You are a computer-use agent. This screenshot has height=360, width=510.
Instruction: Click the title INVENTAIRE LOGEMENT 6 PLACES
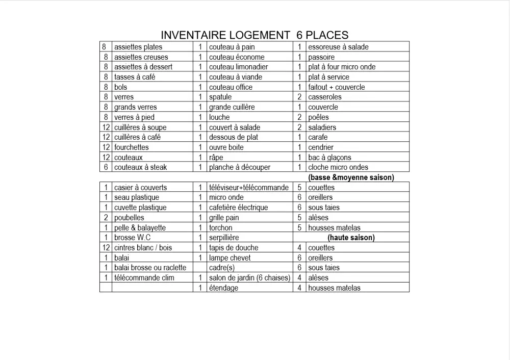[254, 35]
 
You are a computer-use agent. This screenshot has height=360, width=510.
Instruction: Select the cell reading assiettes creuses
[141, 57]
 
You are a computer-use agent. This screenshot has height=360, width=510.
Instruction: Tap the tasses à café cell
[135, 77]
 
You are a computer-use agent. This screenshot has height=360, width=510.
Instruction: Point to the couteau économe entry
[237, 57]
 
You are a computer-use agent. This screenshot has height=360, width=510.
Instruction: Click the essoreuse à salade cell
[338, 47]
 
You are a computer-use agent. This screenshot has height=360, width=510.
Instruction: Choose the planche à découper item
[240, 167]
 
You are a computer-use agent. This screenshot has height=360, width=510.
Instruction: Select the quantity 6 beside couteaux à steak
[106, 167]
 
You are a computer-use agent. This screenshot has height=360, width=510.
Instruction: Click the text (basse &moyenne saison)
[351, 177]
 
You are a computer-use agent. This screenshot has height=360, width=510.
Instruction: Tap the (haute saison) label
[351, 238]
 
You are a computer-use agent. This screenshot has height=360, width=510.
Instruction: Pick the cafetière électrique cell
[238, 208]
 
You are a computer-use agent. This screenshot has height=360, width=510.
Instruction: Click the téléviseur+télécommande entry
[249, 188]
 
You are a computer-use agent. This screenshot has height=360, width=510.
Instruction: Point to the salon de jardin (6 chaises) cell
[249, 278]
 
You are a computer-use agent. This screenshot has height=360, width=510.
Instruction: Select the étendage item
[223, 288]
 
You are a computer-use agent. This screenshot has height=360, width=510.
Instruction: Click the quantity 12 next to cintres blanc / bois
[106, 248]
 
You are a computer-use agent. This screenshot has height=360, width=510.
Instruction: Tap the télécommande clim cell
[144, 278]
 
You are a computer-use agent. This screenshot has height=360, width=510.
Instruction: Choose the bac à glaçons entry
[329, 158]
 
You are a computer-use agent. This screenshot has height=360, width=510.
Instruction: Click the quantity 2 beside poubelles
[106, 218]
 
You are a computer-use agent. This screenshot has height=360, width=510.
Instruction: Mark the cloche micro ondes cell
[338, 167]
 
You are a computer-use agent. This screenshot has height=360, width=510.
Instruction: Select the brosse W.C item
[133, 238]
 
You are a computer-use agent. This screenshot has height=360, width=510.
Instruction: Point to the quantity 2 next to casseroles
[299, 97]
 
